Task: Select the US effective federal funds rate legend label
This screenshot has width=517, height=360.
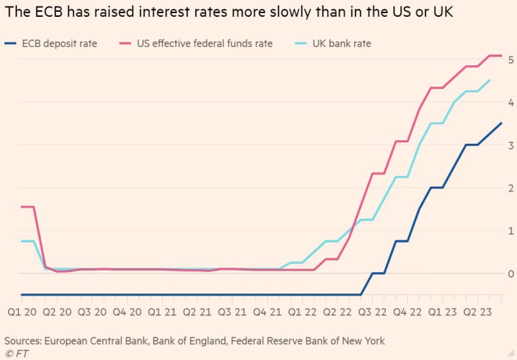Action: [x=205, y=44]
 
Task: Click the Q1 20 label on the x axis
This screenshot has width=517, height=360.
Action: [x=22, y=312]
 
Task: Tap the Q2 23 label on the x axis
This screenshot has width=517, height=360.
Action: [x=477, y=312]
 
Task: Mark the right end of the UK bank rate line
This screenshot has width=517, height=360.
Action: [x=490, y=81]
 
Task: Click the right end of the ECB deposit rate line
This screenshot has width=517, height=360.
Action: [x=502, y=123]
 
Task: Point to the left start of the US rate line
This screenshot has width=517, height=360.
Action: [x=21, y=207]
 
